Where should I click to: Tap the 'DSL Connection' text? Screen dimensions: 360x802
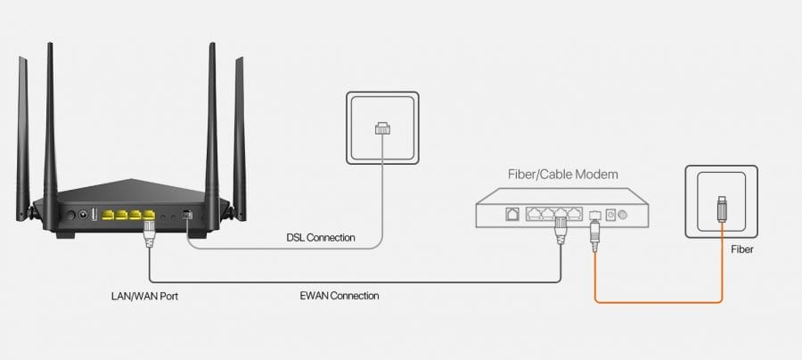[320, 238]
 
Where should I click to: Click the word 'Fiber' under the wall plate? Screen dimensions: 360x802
[741, 250]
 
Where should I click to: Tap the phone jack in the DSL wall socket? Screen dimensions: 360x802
[381, 128]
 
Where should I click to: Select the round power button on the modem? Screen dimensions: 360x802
[623, 215]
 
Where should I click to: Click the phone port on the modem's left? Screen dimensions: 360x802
[513, 214]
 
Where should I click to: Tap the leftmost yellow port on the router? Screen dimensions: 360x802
[109, 215]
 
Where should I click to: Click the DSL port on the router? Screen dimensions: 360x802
[185, 215]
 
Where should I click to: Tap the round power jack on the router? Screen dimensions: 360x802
[86, 214]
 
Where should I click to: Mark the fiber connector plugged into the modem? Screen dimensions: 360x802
[594, 233]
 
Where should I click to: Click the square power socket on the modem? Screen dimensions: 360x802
[610, 214]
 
